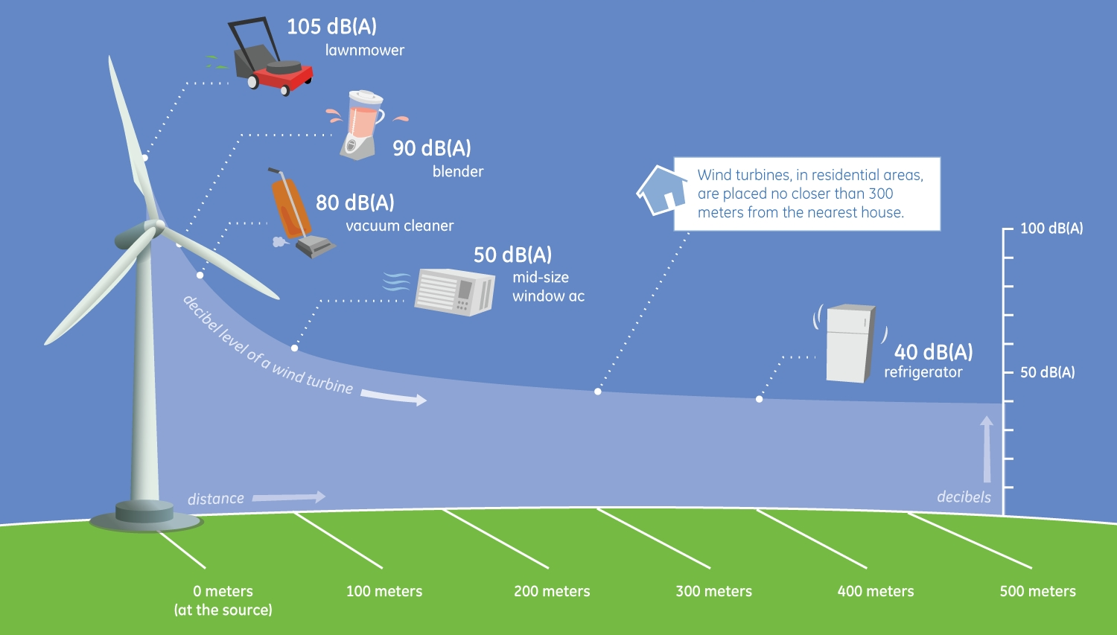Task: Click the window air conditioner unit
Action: coord(454,292)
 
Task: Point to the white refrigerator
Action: coord(850,343)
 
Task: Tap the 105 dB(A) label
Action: coord(331,27)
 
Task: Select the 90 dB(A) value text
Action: coord(432,148)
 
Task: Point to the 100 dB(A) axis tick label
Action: coord(1051,229)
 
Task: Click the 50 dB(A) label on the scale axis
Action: coord(1047,372)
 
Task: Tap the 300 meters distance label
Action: coord(713,591)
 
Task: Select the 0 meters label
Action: coord(223,591)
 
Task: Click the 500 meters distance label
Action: coord(1038,591)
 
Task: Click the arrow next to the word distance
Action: coord(289,497)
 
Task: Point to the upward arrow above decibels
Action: coord(987,449)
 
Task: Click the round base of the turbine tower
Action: coord(145,517)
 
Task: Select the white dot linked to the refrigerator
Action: coord(759,399)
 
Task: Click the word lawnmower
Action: coord(365,51)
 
